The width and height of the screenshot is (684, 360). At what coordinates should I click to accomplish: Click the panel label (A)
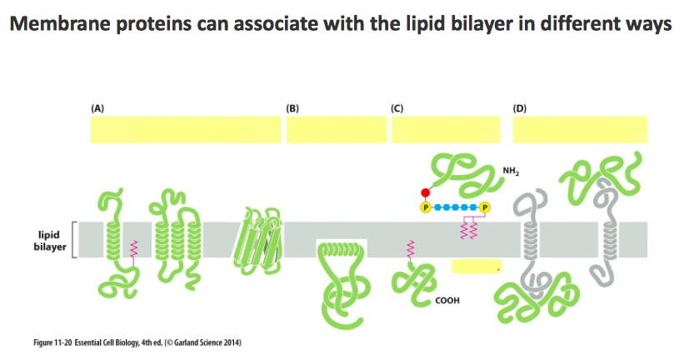(x=97, y=107)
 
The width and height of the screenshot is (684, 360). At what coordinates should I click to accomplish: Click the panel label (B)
(x=292, y=107)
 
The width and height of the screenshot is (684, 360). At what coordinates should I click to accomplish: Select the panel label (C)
(x=397, y=107)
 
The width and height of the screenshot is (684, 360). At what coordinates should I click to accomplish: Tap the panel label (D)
(x=520, y=107)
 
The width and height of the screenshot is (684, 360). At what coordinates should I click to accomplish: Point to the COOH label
(x=447, y=300)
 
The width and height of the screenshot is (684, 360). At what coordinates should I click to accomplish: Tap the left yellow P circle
(x=426, y=207)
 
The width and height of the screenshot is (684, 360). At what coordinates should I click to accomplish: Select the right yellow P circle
(x=486, y=207)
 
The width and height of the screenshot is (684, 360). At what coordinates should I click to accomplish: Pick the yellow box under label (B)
(x=336, y=130)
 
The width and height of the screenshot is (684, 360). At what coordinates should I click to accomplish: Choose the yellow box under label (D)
(x=580, y=130)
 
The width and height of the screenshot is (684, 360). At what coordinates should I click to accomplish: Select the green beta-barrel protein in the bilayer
(x=259, y=237)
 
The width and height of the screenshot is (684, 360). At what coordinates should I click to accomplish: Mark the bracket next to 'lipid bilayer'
(x=75, y=240)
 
